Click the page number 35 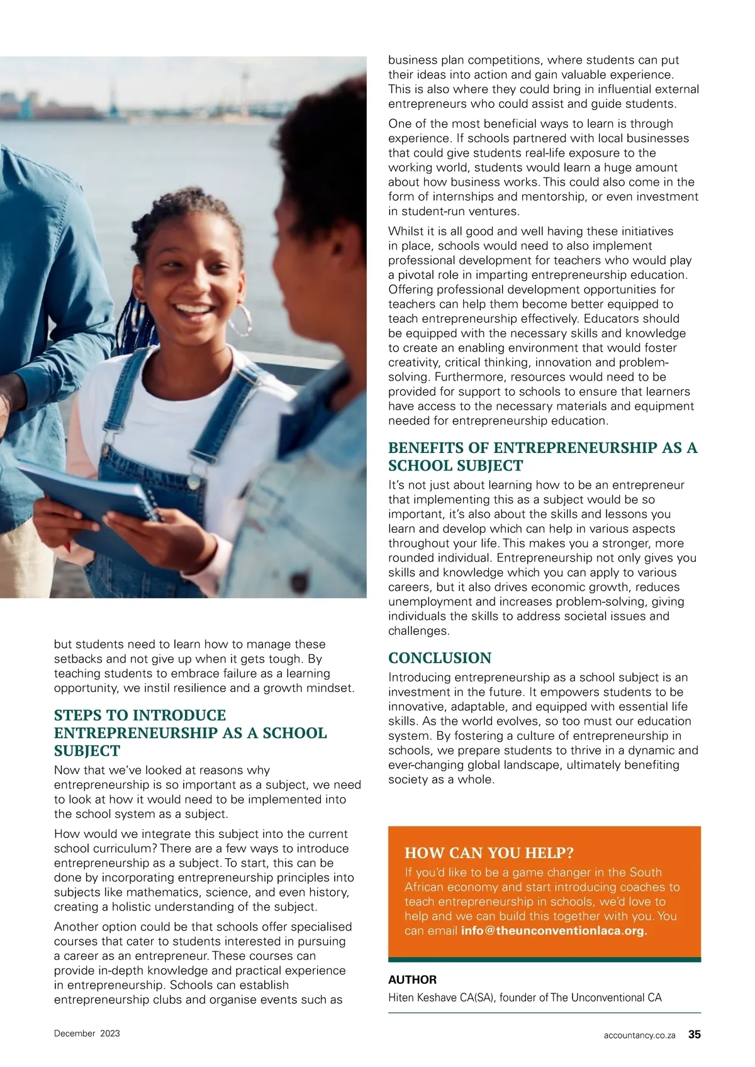(694, 1034)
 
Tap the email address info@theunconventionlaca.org (554, 930)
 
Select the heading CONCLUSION (439, 658)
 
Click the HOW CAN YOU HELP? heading (489, 853)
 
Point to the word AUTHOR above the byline (412, 980)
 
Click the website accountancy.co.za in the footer (639, 1035)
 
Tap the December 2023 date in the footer (87, 1033)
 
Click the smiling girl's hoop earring (240, 321)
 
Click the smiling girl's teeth (192, 310)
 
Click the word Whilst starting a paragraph (406, 232)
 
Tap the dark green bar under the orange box (544, 959)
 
